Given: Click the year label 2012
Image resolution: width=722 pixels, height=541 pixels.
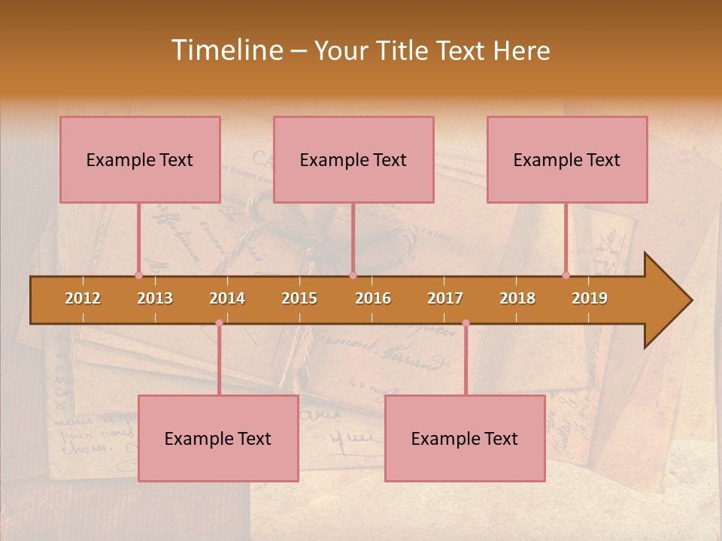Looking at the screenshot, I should pos(83,298).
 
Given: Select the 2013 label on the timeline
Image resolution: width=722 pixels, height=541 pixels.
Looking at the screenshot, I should pos(155,298).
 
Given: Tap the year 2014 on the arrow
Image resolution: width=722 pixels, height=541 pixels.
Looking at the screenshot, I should pos(227,298).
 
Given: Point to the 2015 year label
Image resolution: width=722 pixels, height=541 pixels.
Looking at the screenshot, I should pos(299,298).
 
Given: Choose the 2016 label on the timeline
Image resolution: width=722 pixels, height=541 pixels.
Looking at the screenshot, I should pos(373,298).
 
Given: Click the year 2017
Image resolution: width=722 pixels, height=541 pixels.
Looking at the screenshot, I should pos(445,298).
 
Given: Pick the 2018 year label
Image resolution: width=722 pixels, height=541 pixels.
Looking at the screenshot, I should pos(517,298).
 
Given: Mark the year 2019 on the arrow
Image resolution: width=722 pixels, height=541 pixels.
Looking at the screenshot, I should pos(590,298).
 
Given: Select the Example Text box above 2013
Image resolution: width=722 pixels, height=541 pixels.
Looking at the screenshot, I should pos(140,159).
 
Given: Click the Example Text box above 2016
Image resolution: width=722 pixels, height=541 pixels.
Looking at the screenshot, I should pos(353,159).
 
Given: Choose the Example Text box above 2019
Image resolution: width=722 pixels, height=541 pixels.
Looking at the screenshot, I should pos(567,159).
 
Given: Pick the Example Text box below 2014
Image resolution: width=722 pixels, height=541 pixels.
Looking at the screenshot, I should pos(218,438).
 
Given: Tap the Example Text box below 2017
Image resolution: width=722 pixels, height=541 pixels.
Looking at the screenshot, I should pos(465,438).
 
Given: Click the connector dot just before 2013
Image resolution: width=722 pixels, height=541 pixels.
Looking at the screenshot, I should pos(138,275).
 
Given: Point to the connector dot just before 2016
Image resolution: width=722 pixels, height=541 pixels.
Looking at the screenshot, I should pos(353,275).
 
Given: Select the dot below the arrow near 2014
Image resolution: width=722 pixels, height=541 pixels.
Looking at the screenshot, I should pos(219,323).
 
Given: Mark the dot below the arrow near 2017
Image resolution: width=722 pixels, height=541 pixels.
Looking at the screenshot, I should pos(466,323).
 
